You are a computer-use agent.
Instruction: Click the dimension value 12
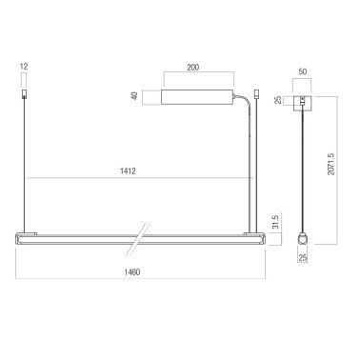pos(23,68)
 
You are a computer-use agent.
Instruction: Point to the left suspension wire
pos(23,162)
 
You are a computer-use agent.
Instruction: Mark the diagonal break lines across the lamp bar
pos(142,233)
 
